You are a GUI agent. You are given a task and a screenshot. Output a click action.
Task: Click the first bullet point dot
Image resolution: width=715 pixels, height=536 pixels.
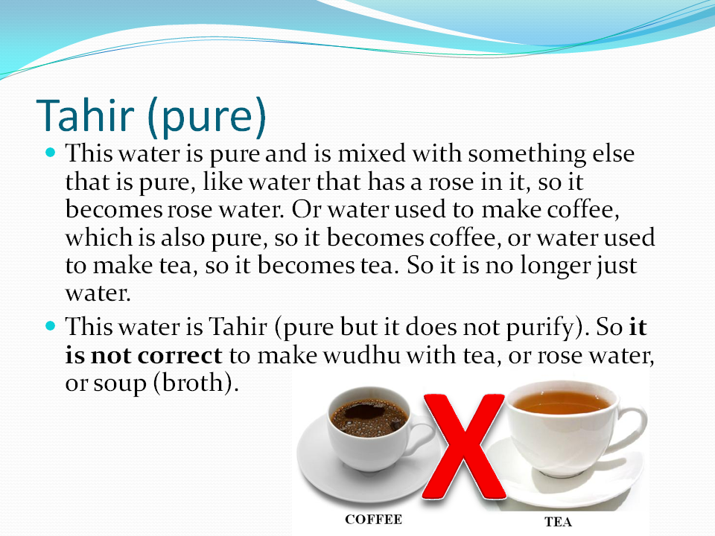tap(51, 152)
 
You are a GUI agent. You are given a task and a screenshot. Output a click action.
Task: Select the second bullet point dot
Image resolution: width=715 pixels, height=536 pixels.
tap(51, 325)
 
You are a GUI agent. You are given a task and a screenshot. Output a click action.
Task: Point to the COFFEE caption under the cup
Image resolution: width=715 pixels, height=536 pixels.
tap(373, 519)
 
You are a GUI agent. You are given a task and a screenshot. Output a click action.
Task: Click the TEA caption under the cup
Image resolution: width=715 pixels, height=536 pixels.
tap(558, 522)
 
